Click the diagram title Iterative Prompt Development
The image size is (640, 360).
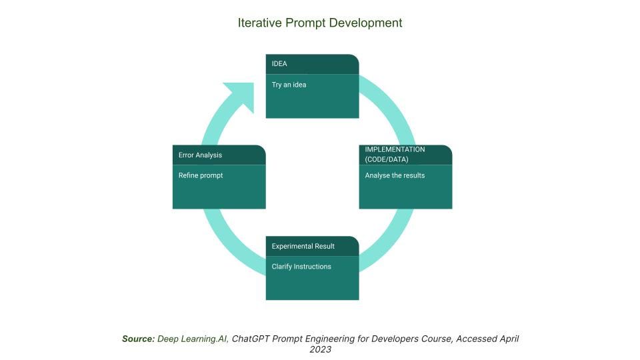coord(320,23)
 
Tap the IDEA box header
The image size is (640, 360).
coord(312,64)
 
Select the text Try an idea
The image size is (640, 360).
coord(289,85)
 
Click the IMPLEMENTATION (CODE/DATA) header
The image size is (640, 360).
coord(406,155)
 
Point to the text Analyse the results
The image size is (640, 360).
coord(395,175)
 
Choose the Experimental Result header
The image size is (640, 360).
coord(312,246)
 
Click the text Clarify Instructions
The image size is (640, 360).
coord(301,267)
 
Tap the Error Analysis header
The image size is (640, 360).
coord(219,155)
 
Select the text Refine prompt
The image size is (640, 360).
coord(201,175)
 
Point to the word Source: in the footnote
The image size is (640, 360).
coord(139,339)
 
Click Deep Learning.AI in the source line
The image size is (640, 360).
coord(193,339)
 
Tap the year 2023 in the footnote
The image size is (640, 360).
coord(321,349)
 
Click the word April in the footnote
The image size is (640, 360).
coord(508,339)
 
